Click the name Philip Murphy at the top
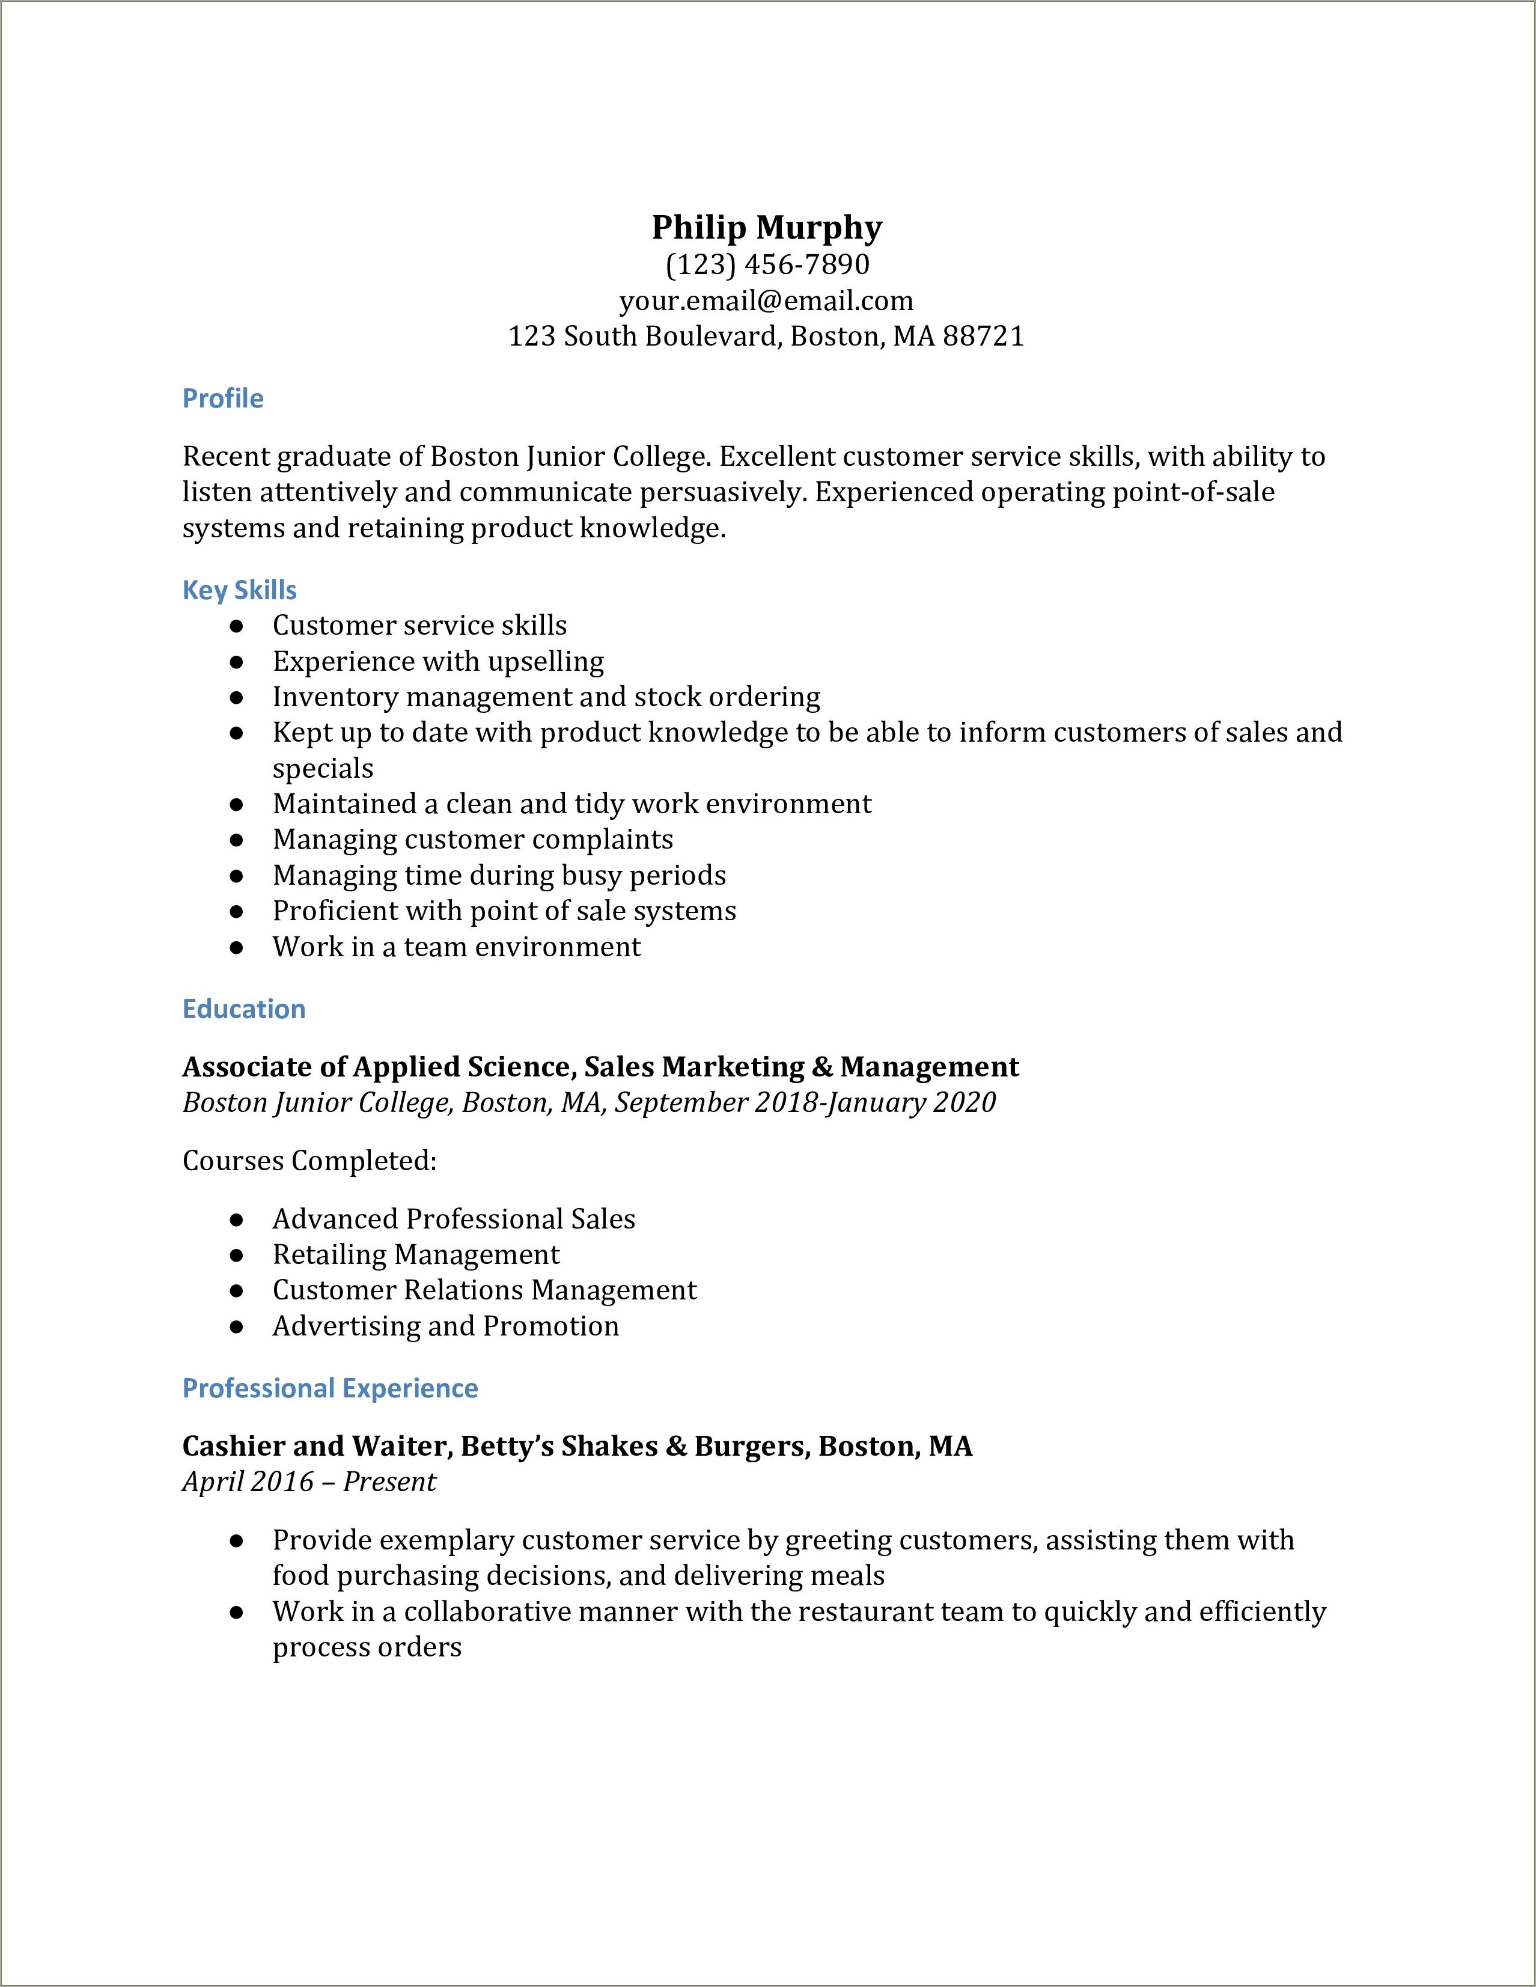tap(767, 227)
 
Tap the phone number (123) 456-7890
tap(767, 264)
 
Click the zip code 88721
tap(983, 337)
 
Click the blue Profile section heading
tap(223, 398)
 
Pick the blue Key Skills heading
tap(239, 590)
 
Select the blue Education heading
tap(244, 1009)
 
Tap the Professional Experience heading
tap(330, 1388)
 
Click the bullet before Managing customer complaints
tap(236, 840)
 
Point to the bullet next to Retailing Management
tap(236, 1256)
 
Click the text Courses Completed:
tap(310, 1161)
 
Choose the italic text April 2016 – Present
tap(309, 1482)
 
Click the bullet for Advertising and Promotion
tap(236, 1326)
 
